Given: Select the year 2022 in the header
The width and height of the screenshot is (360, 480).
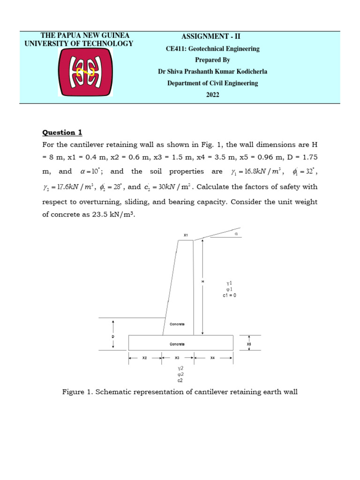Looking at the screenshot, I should click(x=212, y=95).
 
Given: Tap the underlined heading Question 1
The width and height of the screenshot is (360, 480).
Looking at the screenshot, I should click(x=62, y=132).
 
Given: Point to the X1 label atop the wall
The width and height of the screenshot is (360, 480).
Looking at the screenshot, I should click(x=186, y=234).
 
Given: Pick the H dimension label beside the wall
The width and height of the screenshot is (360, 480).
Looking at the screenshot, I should click(x=203, y=281).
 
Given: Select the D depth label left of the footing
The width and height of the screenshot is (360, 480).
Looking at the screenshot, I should click(x=113, y=337).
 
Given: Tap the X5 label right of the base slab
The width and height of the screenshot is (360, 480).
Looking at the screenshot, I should click(x=249, y=344).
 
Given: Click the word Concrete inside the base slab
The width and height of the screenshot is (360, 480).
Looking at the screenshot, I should click(x=177, y=344).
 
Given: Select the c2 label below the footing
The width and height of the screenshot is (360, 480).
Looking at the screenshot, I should click(x=180, y=380).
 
